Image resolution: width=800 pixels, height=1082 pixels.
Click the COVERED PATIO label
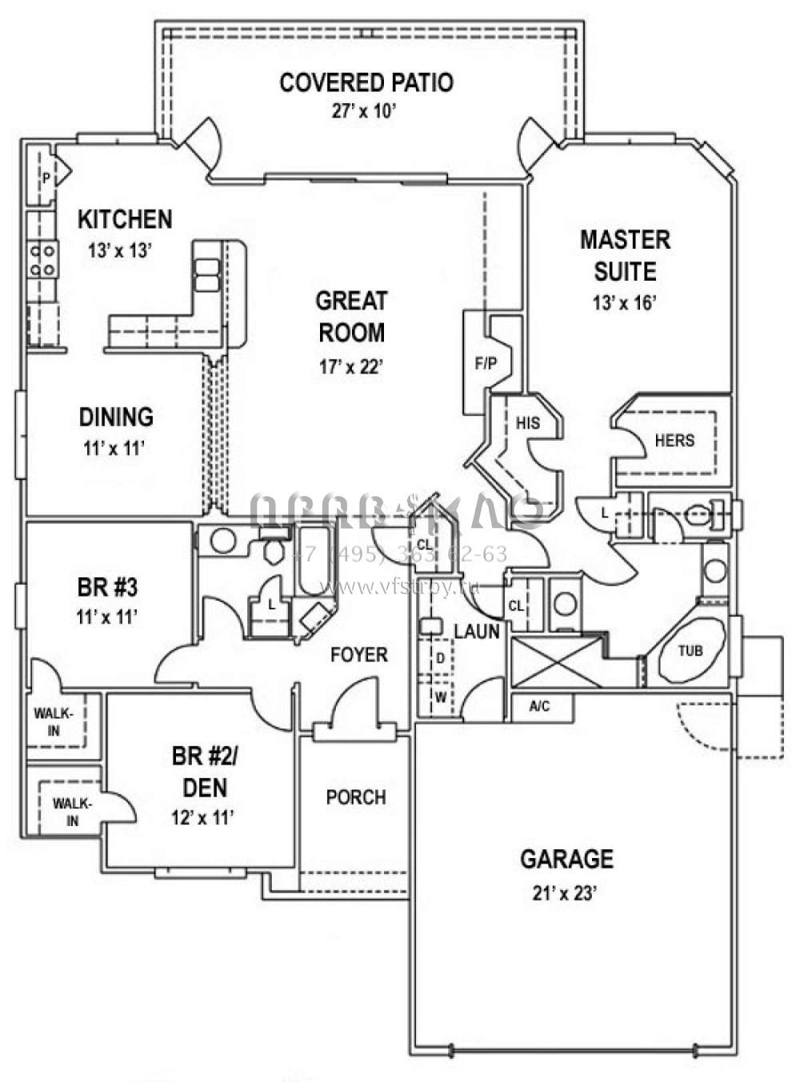tap(366, 82)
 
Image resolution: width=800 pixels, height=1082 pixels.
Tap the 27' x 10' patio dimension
tap(365, 111)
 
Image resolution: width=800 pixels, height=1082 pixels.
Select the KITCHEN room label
tap(125, 218)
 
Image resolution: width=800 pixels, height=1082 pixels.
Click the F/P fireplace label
tap(486, 364)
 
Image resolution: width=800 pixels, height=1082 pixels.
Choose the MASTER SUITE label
tap(625, 255)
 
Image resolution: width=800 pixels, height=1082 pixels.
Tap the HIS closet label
tap(527, 423)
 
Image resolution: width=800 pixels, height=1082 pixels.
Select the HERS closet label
tap(674, 441)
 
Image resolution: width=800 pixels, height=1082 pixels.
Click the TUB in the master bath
tap(690, 650)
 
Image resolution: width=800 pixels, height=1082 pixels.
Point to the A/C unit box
tap(541, 707)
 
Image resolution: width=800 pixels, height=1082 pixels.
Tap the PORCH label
tap(356, 797)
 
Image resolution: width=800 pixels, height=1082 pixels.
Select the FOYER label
tap(359, 655)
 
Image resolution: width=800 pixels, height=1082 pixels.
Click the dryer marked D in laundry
tap(440, 658)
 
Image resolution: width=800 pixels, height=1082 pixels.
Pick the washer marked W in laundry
tap(440, 697)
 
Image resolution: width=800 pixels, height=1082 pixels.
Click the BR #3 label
tap(107, 588)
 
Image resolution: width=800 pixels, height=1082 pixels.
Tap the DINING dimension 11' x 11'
tap(114, 448)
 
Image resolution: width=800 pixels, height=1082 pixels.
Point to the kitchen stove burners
tap(43, 260)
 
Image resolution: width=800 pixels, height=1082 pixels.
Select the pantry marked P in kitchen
tap(46, 178)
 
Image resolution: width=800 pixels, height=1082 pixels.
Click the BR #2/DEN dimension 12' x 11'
tap(202, 817)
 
